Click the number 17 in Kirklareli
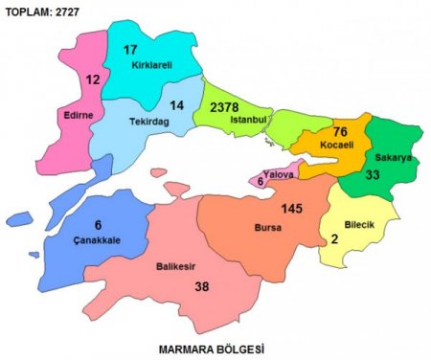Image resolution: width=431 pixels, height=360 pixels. click(x=131, y=50)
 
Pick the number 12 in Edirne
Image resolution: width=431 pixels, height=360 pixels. click(x=93, y=80)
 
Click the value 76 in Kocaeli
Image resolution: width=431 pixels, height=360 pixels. click(x=341, y=131)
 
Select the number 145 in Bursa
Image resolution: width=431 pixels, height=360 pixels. click(x=292, y=209)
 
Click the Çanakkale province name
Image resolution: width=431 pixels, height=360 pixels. click(x=96, y=239)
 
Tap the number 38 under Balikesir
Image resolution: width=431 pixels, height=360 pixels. click(x=174, y=285)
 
